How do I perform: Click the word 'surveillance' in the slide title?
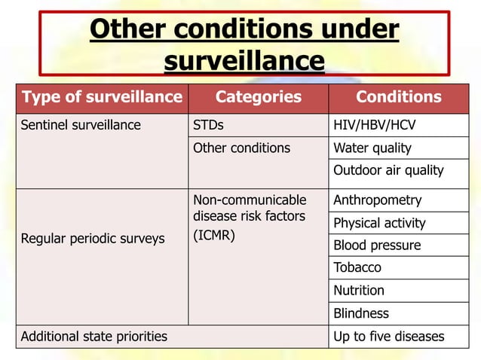pyautogui.click(x=244, y=60)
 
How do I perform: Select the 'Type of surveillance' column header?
pyautogui.click(x=102, y=97)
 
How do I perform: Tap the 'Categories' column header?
pyautogui.click(x=258, y=97)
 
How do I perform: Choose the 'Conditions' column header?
pyautogui.click(x=398, y=97)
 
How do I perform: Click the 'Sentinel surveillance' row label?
pyautogui.click(x=81, y=125)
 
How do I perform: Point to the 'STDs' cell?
pyautogui.click(x=208, y=125)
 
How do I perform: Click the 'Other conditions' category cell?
pyautogui.click(x=241, y=148)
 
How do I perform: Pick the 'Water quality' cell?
pyautogui.click(x=372, y=148)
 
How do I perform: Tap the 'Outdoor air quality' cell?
pyautogui.click(x=388, y=170)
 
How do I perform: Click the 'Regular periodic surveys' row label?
pyautogui.click(x=92, y=239)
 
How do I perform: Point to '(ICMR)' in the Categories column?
pyautogui.click(x=214, y=236)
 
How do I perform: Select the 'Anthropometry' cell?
pyautogui.click(x=378, y=200)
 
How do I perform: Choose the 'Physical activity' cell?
pyautogui.click(x=379, y=223)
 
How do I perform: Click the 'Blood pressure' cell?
pyautogui.click(x=377, y=246)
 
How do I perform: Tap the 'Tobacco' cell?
pyautogui.click(x=357, y=267)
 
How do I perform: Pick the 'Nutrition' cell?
pyautogui.click(x=359, y=290)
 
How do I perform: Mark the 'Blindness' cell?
pyautogui.click(x=361, y=313)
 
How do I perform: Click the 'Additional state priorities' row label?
pyautogui.click(x=94, y=336)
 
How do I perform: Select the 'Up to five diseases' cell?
pyautogui.click(x=389, y=336)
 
